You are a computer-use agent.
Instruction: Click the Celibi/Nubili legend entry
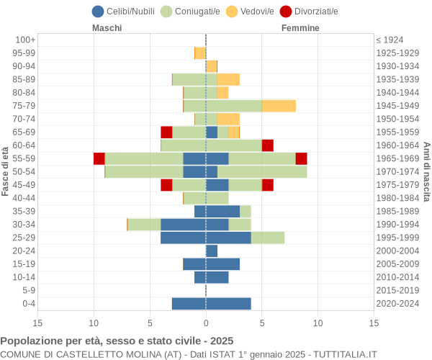(123, 11)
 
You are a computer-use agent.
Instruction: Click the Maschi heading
(107, 28)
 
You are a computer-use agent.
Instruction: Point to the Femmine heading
(300, 28)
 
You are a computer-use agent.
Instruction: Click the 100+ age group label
(24, 40)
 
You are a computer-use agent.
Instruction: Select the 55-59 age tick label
(24, 158)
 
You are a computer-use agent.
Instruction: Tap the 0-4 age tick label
(27, 304)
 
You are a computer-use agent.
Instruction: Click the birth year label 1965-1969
(397, 158)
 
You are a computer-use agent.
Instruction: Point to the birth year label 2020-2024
(397, 304)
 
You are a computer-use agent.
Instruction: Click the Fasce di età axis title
(6, 171)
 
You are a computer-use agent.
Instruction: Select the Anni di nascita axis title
(426, 171)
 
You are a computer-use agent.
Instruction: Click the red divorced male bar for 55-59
(99, 158)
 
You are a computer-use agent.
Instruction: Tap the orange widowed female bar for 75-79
(279, 106)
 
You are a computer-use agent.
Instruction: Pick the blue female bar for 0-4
(228, 304)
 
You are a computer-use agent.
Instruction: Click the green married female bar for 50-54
(262, 171)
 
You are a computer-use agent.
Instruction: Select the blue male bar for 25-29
(183, 238)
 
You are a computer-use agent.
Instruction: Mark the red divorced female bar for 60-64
(268, 145)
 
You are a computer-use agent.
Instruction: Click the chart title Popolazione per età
(117, 341)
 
